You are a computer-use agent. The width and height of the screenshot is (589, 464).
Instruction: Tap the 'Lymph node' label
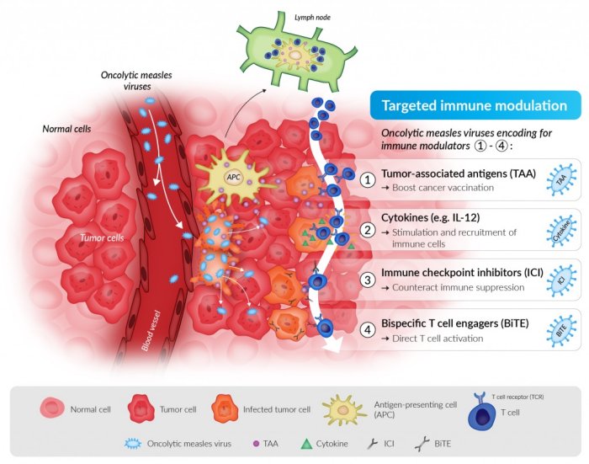(311, 15)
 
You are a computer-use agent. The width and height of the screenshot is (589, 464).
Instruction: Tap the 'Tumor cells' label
(102, 238)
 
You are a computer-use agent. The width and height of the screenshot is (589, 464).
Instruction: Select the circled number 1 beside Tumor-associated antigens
(367, 180)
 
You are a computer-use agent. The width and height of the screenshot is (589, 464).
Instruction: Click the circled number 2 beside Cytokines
(367, 230)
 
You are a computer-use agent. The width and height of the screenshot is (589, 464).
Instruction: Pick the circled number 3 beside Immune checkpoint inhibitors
(367, 280)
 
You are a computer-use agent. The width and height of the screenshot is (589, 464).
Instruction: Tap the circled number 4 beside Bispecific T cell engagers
(367, 329)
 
